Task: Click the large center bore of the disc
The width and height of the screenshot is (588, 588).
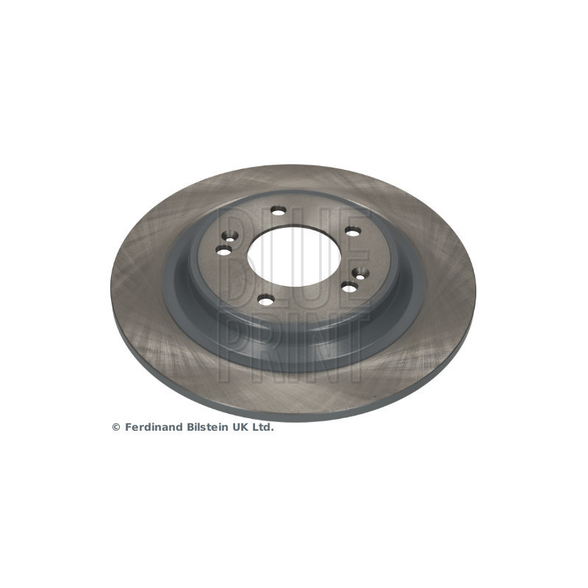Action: [x=295, y=256]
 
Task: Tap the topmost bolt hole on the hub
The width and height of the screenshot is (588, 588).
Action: [x=279, y=212]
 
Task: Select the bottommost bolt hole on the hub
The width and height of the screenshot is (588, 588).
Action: [x=266, y=301]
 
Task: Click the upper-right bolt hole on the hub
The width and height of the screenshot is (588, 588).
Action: [x=353, y=232]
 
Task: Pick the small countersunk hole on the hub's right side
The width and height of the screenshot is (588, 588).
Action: [x=360, y=276]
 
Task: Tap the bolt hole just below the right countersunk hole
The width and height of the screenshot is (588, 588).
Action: [x=349, y=288]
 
